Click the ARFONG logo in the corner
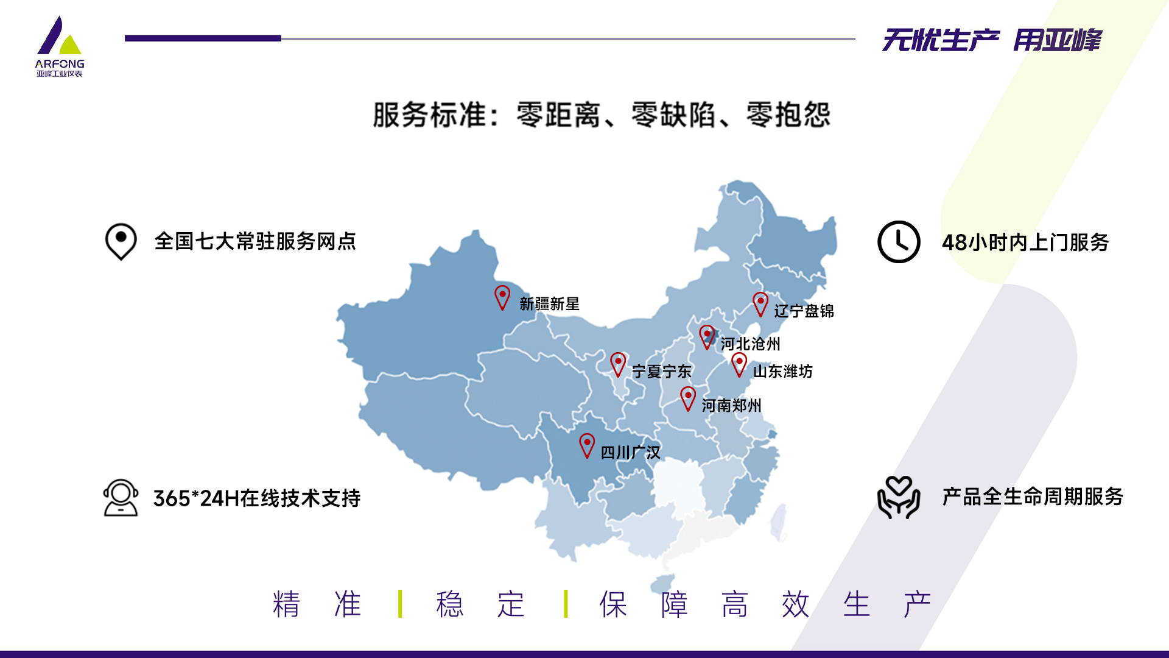tap(60, 47)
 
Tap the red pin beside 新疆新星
tap(502, 297)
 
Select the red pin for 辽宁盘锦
tap(760, 303)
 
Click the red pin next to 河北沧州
tap(707, 336)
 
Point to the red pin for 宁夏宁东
tap(618, 364)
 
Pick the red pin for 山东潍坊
tap(739, 364)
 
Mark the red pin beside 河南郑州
tap(688, 398)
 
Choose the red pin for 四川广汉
tap(587, 445)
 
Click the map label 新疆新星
tap(549, 303)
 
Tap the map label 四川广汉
tap(630, 453)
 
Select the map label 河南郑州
tap(731, 405)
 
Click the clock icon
tap(899, 242)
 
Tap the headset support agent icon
tap(121, 498)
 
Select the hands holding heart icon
tap(899, 497)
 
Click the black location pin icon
tap(121, 241)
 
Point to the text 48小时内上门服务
tap(1025, 242)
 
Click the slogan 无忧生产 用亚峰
tap(992, 40)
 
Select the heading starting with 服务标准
tap(602, 115)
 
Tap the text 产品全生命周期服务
tap(1033, 497)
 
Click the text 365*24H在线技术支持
tap(257, 498)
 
